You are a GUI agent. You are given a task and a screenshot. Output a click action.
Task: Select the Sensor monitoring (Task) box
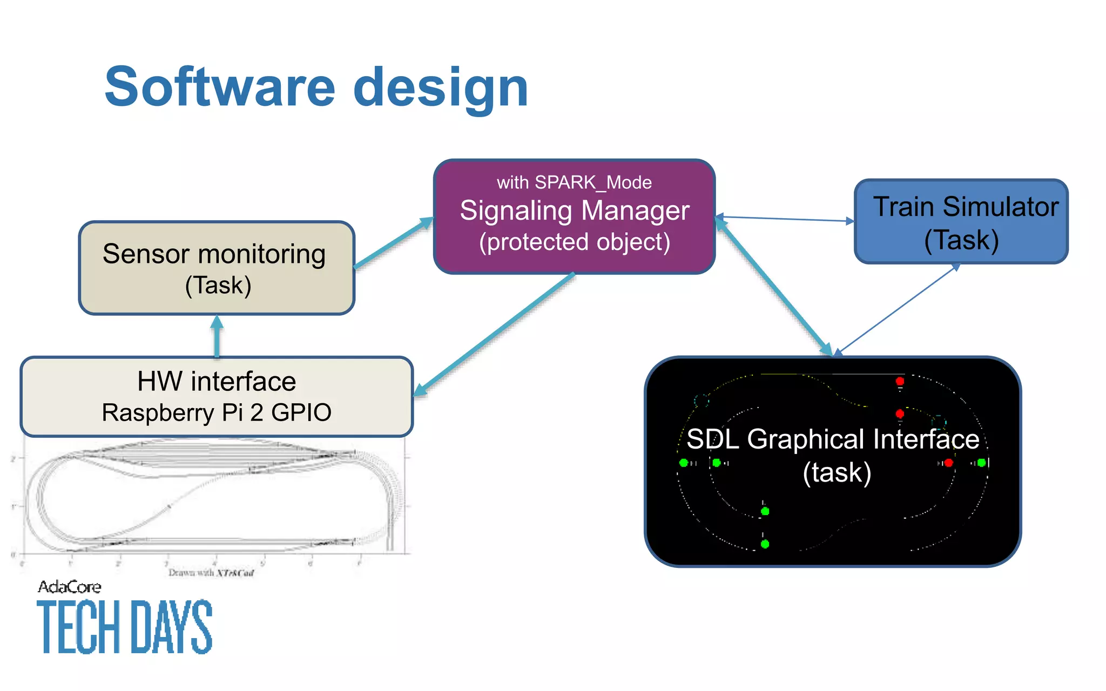click(216, 268)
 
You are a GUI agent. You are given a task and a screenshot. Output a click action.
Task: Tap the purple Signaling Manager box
click(574, 227)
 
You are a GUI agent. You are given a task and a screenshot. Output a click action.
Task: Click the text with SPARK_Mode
click(574, 182)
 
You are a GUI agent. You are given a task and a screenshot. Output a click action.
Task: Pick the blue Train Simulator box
click(961, 222)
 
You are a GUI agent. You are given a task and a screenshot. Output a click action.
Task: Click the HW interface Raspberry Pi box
click(216, 397)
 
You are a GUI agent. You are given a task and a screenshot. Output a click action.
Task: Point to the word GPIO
click(301, 413)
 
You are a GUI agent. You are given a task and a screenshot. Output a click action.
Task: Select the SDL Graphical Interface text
click(833, 439)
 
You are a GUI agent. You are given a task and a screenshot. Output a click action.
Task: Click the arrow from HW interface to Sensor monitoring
click(217, 337)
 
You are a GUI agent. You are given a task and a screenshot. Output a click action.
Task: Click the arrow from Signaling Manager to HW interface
click(494, 335)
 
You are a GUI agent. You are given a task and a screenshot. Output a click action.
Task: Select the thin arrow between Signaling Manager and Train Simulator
click(786, 219)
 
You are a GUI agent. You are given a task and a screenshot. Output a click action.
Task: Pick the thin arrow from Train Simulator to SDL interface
click(896, 310)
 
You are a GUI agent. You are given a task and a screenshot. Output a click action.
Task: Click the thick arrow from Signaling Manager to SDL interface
click(773, 286)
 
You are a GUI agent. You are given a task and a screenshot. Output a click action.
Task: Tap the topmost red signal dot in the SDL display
click(900, 381)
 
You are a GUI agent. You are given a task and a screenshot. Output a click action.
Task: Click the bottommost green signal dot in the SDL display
click(765, 544)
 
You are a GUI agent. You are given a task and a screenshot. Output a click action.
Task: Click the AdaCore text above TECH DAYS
click(70, 587)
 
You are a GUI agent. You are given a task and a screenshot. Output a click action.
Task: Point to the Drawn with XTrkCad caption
click(211, 573)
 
